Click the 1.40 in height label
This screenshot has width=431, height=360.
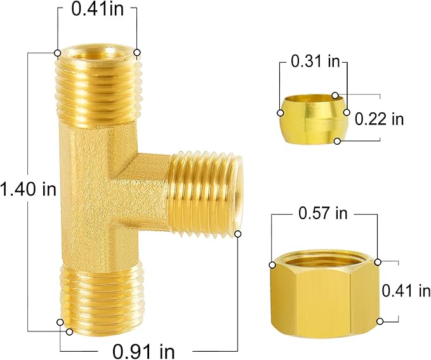28,189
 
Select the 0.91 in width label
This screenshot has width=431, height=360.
145,349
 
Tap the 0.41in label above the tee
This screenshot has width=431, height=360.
97,11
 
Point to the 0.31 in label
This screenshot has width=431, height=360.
315,62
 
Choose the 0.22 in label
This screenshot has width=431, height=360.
380,118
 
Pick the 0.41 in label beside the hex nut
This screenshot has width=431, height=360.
406,290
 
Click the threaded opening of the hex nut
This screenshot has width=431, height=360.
324,260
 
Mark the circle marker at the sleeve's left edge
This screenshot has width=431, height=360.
280,112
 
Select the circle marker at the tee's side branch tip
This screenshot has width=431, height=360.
239,234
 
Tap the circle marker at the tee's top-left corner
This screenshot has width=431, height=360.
58,53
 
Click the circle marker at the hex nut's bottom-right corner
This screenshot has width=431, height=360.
380,321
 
